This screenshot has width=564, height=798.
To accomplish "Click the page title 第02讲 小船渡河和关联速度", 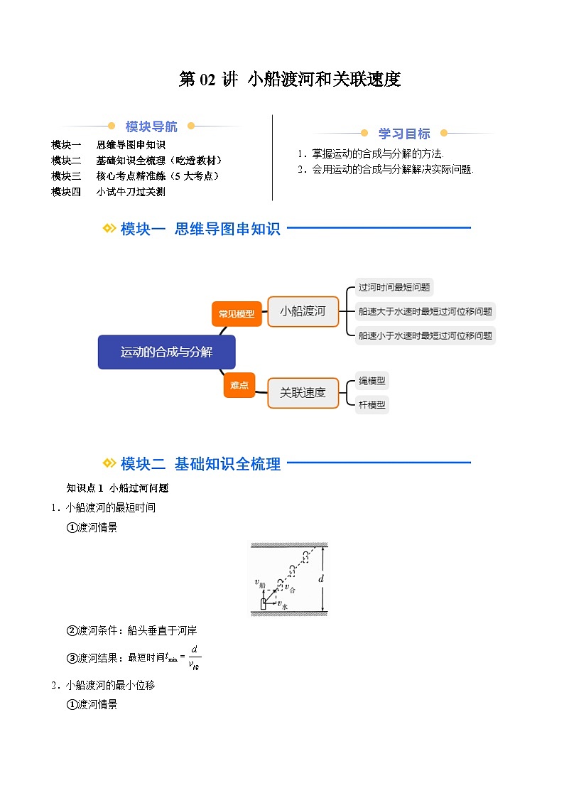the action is pos(290,80).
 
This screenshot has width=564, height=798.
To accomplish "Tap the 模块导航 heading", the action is pos(151,126).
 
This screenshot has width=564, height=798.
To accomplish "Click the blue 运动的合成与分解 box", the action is pos(166,352).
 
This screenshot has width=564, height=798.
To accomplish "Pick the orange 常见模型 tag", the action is pos(237,313).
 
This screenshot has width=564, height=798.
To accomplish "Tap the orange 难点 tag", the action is pos(239,385).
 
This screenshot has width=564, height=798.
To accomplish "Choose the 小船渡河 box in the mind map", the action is pos(303,311).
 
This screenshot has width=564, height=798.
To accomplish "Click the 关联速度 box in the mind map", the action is pos(303,392).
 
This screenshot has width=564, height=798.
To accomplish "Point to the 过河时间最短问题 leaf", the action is pos(394,288).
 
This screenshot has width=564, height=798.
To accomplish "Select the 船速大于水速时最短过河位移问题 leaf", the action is pos(425,311).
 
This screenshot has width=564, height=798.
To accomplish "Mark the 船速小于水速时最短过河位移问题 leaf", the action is pos(425,335).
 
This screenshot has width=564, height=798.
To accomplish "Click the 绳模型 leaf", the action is pos(372,381).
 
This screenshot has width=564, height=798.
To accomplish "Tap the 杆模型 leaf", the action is pos(372,405).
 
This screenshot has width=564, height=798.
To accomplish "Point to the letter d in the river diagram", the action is pos(321,579).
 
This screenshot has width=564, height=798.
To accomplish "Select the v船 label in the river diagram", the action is pos(260,583).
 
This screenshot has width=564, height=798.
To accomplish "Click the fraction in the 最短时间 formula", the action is pos(193,657).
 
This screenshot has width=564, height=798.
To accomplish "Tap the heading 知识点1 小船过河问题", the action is pos(117,488).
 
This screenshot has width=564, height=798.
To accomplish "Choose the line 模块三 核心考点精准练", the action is pos(135,176).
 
